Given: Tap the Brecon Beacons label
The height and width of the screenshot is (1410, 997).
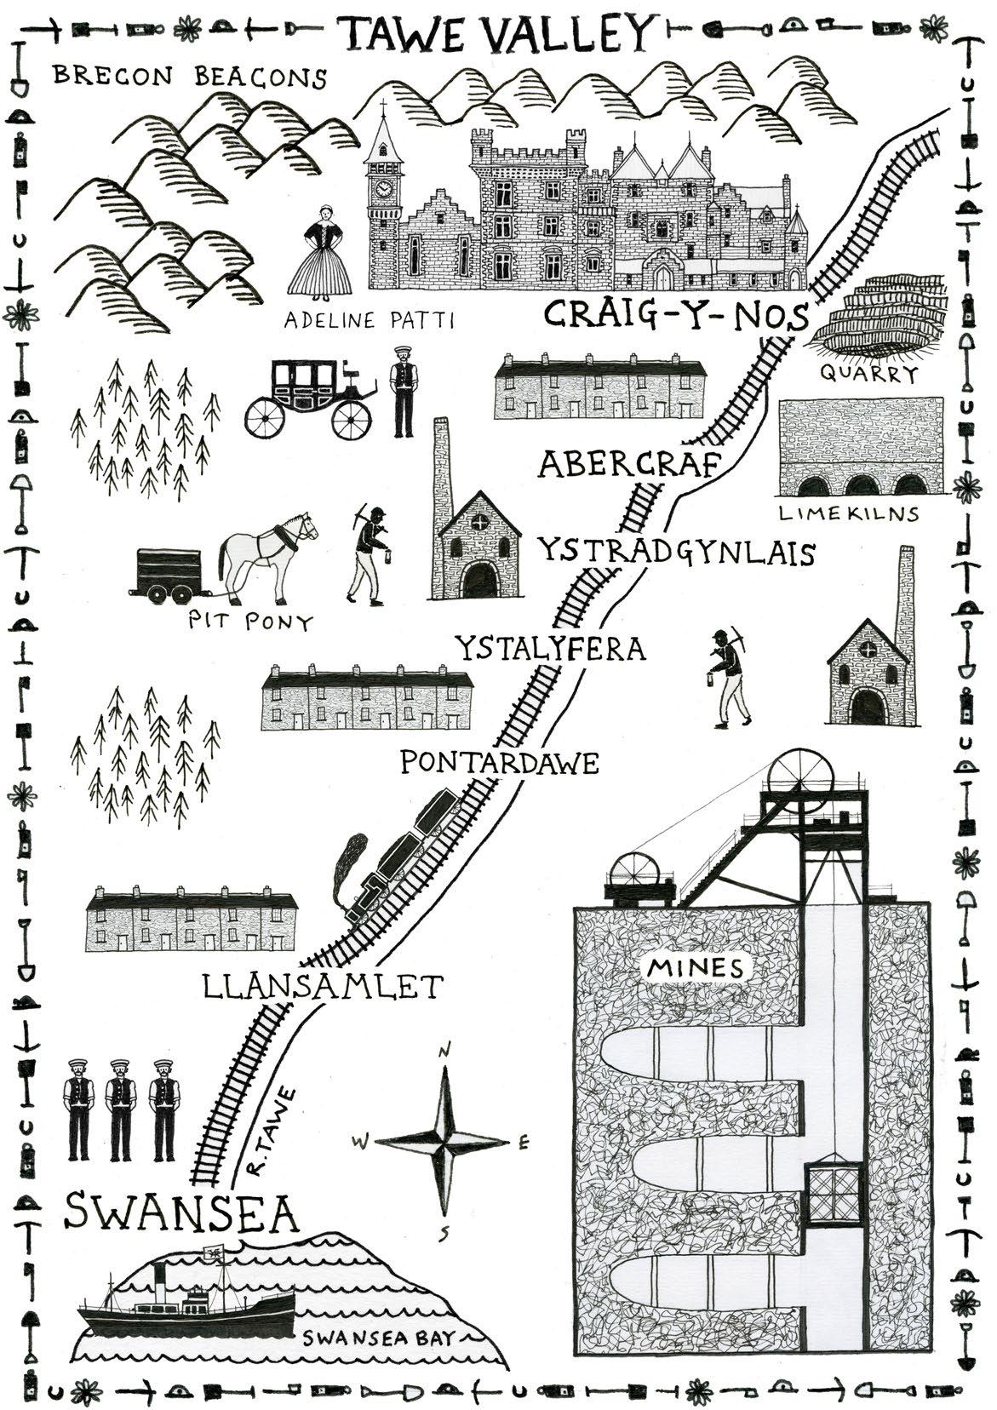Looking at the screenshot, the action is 189,77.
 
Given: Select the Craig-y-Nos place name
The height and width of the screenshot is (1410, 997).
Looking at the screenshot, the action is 675,316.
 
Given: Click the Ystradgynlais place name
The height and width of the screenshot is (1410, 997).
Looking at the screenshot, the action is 675,553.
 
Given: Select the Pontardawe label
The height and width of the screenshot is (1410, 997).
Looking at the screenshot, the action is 499,762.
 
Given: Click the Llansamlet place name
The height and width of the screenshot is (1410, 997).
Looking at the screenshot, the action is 324,987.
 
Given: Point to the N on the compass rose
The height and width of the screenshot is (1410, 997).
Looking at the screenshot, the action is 444,1052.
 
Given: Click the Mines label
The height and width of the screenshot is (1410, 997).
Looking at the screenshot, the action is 695,967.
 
